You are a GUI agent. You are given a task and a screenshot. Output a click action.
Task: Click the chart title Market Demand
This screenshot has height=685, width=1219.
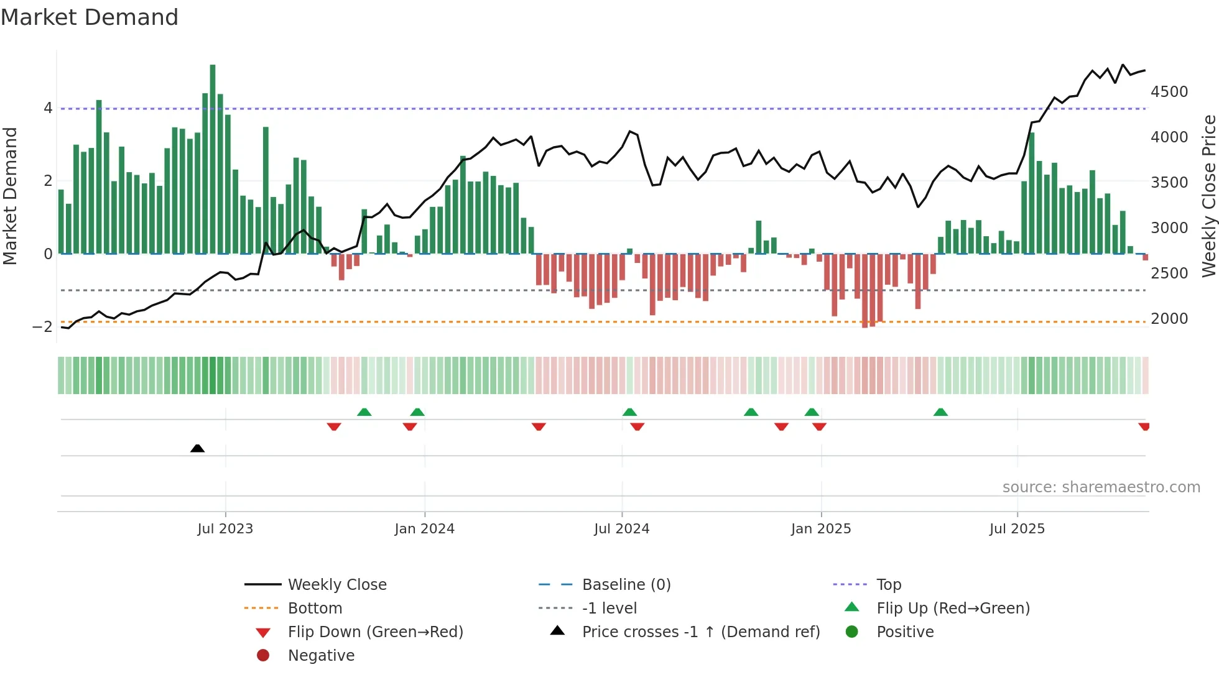pyautogui.click(x=90, y=17)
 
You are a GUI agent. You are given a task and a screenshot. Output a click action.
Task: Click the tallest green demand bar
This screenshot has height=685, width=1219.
pyautogui.click(x=213, y=159)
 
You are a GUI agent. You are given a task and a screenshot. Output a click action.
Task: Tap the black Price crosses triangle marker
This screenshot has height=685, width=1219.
pyautogui.click(x=197, y=448)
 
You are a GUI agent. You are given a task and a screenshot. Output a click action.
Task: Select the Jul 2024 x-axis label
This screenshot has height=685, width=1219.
pyautogui.click(x=621, y=529)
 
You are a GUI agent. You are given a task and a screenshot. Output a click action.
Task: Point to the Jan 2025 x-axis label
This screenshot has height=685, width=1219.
pyautogui.click(x=821, y=529)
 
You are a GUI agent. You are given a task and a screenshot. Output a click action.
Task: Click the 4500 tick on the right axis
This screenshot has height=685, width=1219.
pyautogui.click(x=1169, y=92)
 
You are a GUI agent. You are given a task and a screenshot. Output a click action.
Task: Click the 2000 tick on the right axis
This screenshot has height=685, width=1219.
pyautogui.click(x=1169, y=319)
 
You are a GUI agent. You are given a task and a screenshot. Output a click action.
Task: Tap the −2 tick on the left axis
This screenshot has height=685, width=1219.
pyautogui.click(x=42, y=327)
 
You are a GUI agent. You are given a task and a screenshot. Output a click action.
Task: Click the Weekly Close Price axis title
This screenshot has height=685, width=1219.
pyautogui.click(x=1208, y=196)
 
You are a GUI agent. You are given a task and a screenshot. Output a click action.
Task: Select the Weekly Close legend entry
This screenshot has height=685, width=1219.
pyautogui.click(x=337, y=585)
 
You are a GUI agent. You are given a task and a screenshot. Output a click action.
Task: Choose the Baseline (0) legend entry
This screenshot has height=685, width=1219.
pyautogui.click(x=626, y=585)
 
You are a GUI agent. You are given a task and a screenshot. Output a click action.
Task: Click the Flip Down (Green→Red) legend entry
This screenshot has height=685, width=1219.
pyautogui.click(x=375, y=632)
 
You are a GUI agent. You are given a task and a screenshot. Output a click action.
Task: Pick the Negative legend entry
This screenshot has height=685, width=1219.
pyautogui.click(x=321, y=656)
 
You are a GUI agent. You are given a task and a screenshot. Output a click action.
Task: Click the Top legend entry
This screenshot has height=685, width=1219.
pyautogui.click(x=889, y=585)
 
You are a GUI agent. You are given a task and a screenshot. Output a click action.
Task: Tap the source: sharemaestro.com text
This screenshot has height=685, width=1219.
pyautogui.click(x=1101, y=487)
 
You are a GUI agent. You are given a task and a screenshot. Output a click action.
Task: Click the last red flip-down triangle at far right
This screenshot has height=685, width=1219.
pyautogui.click(x=1144, y=426)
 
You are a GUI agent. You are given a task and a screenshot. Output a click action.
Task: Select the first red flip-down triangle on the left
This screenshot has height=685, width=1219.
pyautogui.click(x=334, y=426)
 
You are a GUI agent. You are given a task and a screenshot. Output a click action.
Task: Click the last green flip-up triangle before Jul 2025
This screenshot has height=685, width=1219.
pyautogui.click(x=940, y=412)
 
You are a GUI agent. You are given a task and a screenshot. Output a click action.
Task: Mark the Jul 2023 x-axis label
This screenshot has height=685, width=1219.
pyautogui.click(x=225, y=529)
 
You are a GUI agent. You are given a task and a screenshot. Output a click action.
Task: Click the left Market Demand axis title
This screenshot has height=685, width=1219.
pyautogui.click(x=11, y=196)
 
